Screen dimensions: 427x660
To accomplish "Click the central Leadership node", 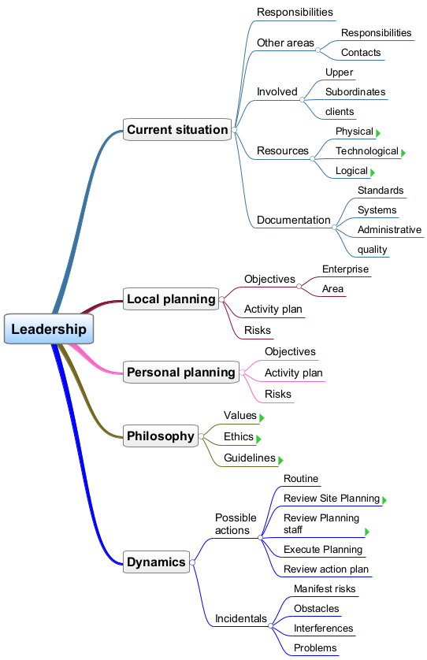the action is click(49, 328).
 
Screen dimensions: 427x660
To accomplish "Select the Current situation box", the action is click(177, 130).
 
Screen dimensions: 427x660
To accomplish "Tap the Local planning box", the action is click(171, 298).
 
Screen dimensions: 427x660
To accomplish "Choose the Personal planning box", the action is click(181, 372).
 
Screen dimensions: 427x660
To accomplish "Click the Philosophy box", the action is click(161, 436).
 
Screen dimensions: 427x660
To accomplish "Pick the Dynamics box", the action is click(156, 562).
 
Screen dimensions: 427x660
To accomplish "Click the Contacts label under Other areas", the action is click(361, 53).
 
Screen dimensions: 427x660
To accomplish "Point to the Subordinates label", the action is click(355, 92).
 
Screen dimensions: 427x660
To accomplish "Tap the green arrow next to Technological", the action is click(403, 153).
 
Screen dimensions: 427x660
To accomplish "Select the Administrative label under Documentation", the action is click(389, 229).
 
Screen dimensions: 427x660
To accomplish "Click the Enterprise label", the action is click(345, 269).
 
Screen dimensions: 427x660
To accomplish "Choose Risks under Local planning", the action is click(258, 331).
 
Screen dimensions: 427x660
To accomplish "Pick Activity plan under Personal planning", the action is click(294, 373).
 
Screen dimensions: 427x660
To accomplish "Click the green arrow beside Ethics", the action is click(258, 439).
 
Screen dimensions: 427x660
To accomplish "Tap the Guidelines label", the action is click(250, 458).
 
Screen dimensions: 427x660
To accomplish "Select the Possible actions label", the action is click(236, 524).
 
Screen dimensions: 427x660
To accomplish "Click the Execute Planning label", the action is click(323, 550).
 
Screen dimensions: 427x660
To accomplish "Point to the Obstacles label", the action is click(316, 609).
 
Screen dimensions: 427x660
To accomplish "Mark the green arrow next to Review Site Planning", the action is click(384, 500).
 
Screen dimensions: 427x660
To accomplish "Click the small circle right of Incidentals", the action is click(271, 626).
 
